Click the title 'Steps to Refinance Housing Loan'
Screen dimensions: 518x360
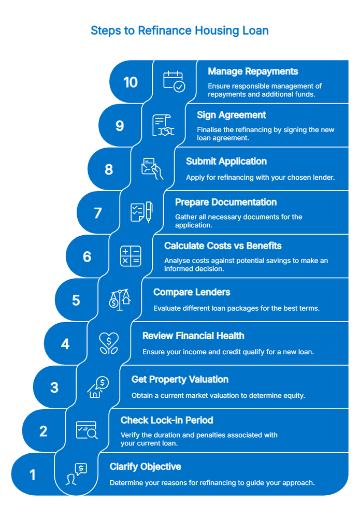click(180, 31)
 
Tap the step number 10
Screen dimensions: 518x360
click(131, 82)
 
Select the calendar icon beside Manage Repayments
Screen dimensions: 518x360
click(174, 81)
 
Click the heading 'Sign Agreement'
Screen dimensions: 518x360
click(231, 115)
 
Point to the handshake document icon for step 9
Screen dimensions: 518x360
click(163, 125)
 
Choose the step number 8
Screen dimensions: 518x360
click(109, 169)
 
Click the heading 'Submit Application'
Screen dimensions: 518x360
click(226, 161)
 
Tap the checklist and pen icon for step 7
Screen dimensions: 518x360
click(141, 212)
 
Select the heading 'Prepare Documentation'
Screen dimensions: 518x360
click(226, 202)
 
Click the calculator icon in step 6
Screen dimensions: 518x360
click(130, 256)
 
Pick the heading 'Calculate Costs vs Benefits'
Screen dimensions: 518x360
click(223, 246)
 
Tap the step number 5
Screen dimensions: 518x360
click(76, 300)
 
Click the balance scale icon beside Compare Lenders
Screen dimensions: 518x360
click(119, 300)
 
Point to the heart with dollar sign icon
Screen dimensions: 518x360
click(108, 343)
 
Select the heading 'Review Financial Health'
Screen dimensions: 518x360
click(193, 336)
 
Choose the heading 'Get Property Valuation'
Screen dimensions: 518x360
click(180, 379)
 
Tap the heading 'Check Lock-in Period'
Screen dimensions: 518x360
click(167, 420)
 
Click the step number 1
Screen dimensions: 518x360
click(33, 474)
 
